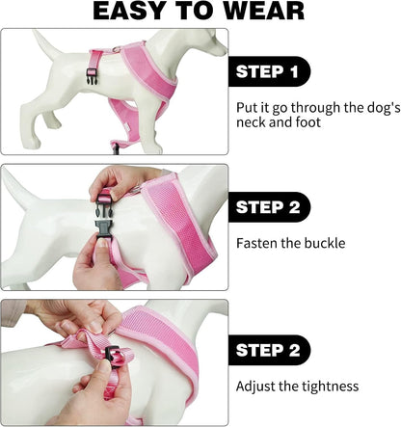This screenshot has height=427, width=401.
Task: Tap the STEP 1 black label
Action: pos(272,71)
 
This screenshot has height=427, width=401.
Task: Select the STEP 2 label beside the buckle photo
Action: pos(272,205)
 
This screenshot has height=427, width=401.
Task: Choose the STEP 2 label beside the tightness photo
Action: pos(272,348)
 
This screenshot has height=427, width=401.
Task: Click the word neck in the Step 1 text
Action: pos(254,123)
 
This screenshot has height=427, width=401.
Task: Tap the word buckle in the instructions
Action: pos(324,243)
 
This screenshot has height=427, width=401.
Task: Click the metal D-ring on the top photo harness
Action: pos(116,49)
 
